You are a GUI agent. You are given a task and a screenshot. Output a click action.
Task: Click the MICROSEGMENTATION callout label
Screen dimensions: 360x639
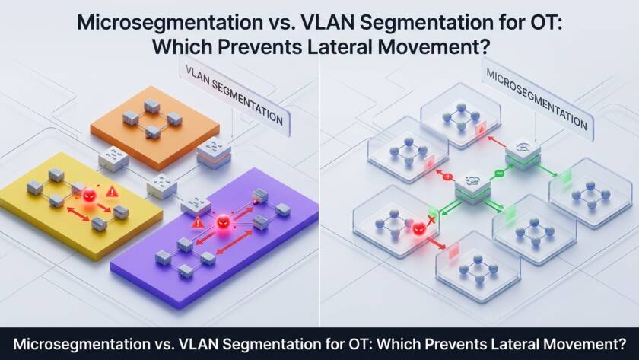point(536,99)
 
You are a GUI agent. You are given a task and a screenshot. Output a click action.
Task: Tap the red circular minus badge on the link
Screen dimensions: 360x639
point(448,177)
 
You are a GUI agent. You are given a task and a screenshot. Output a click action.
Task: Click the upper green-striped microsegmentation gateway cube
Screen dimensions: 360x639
point(523,151)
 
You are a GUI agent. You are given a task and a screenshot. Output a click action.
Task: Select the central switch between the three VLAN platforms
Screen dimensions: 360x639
point(161,182)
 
